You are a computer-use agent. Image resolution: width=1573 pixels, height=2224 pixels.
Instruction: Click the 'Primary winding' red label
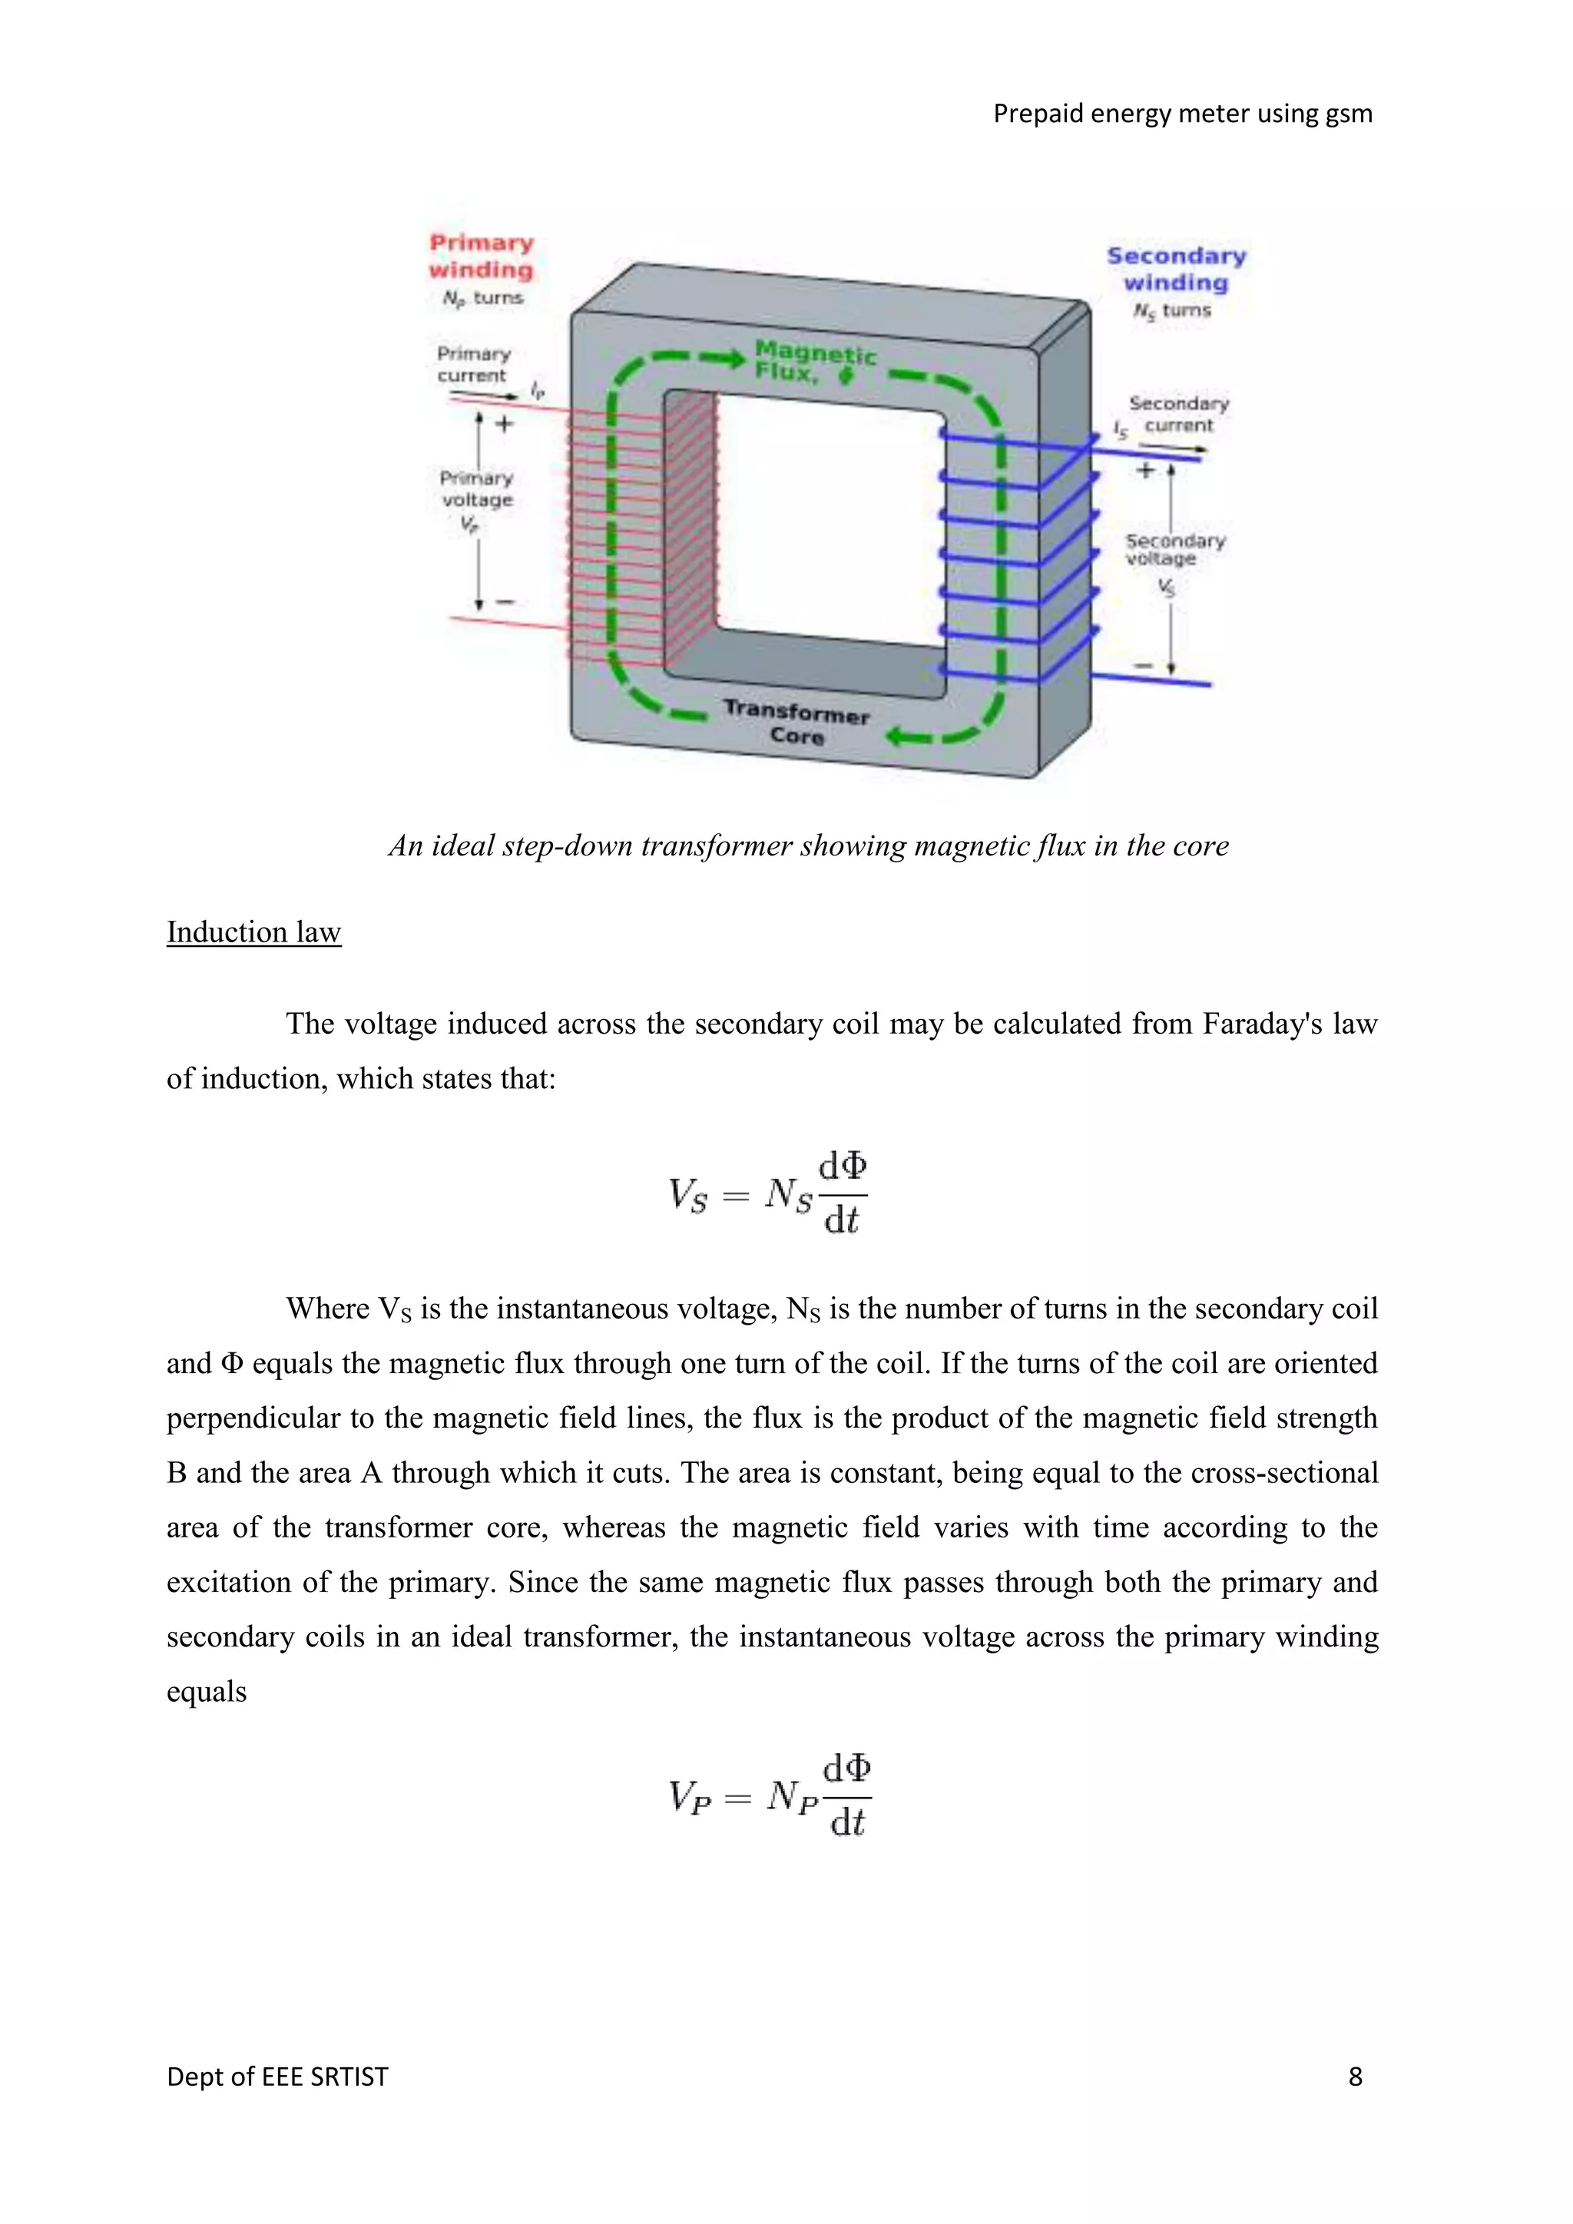(482, 256)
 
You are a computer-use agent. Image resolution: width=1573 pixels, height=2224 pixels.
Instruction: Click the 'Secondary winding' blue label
(1176, 270)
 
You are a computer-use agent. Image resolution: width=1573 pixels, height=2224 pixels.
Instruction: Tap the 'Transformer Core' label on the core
(796, 723)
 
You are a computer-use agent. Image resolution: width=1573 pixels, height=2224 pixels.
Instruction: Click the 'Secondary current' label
(1177, 414)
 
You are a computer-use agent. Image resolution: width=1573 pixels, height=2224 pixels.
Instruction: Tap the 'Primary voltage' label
(476, 489)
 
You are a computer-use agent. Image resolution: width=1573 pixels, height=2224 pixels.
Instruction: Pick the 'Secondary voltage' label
(1174, 549)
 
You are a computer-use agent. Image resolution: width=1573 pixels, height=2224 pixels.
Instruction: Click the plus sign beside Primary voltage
(505, 423)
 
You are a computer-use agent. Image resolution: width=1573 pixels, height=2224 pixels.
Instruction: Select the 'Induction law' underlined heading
(253, 932)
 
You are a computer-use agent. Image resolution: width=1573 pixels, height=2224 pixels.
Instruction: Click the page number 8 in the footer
(1355, 2076)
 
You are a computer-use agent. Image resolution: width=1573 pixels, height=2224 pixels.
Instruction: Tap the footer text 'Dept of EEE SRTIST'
(277, 2076)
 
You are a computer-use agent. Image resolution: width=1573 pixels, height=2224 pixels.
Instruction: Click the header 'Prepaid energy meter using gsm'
(1182, 114)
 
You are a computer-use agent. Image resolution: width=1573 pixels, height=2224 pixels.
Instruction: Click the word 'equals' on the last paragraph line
(207, 1693)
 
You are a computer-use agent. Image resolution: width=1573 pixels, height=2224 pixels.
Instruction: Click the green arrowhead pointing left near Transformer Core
(897, 738)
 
